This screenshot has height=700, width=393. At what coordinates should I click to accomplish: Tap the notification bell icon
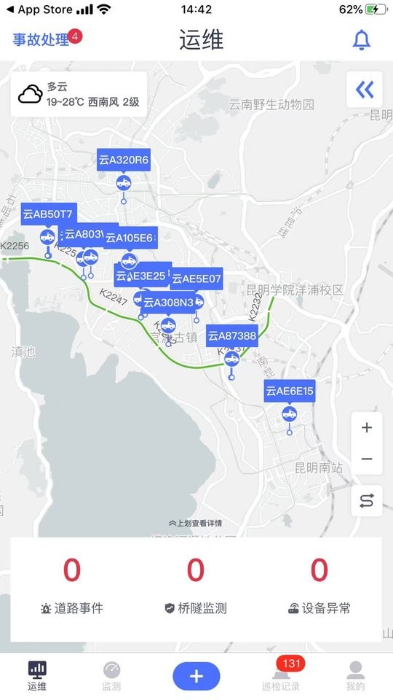click(x=362, y=40)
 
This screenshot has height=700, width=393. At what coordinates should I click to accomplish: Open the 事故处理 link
click(x=41, y=40)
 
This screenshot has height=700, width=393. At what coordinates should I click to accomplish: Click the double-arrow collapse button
click(x=365, y=90)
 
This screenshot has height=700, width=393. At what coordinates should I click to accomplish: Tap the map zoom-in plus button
click(x=367, y=428)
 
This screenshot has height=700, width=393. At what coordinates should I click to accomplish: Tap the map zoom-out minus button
click(x=367, y=459)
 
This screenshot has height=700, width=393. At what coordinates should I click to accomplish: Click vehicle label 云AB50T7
click(x=48, y=214)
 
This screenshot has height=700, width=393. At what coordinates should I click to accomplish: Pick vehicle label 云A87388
click(x=232, y=335)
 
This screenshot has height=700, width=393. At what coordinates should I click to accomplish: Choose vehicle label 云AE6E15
click(x=290, y=392)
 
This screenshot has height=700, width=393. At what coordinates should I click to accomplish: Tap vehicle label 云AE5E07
click(x=197, y=279)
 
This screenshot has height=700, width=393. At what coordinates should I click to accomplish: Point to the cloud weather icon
click(x=31, y=95)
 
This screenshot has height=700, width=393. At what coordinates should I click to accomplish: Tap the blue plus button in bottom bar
click(x=196, y=676)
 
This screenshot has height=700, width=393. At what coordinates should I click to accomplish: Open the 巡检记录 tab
click(x=281, y=676)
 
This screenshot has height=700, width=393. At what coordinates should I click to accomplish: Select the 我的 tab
click(x=355, y=676)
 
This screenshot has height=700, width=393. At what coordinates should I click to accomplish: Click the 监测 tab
click(x=111, y=676)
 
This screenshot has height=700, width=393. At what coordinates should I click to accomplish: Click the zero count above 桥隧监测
click(x=196, y=570)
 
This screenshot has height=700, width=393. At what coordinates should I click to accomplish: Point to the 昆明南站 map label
click(x=319, y=467)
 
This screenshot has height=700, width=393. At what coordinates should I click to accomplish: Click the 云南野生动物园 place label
click(x=272, y=104)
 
